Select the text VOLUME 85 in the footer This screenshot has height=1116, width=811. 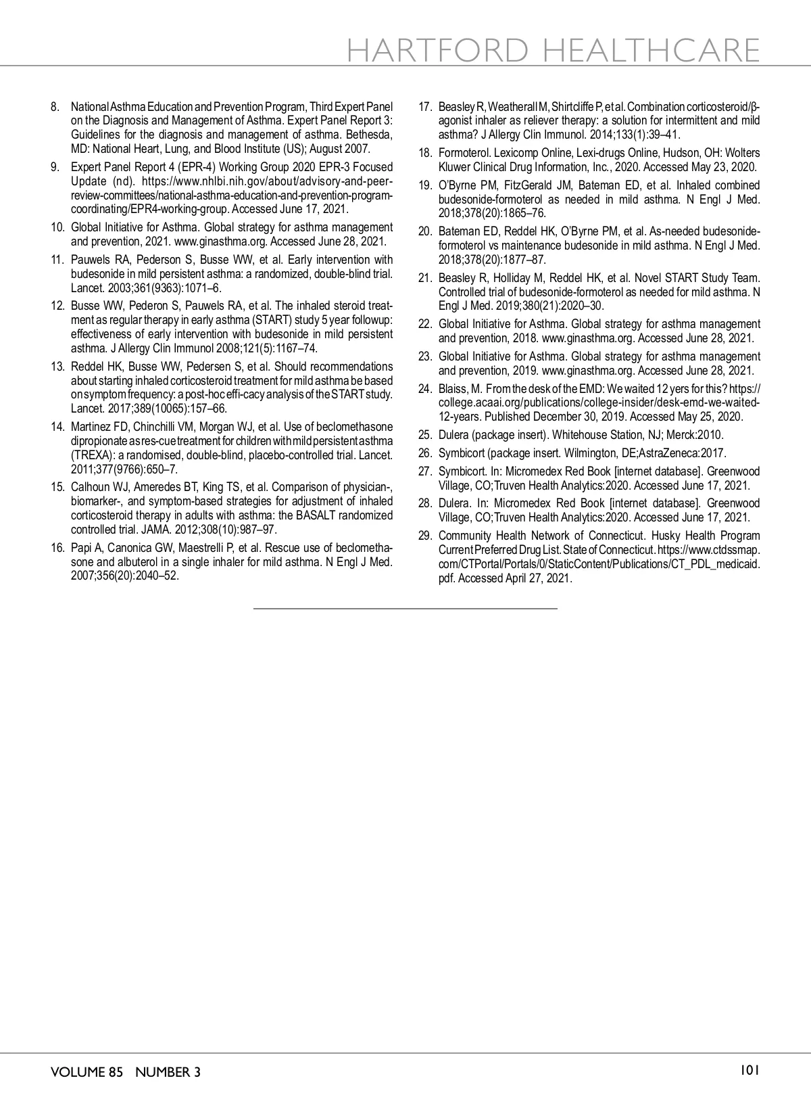pyautogui.click(x=87, y=1072)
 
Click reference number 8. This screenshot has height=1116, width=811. pyautogui.click(x=55, y=107)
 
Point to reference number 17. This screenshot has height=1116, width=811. pyautogui.click(x=425, y=107)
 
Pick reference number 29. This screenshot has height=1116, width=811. pyautogui.click(x=425, y=536)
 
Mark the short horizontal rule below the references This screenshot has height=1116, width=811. pyautogui.click(x=405, y=609)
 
